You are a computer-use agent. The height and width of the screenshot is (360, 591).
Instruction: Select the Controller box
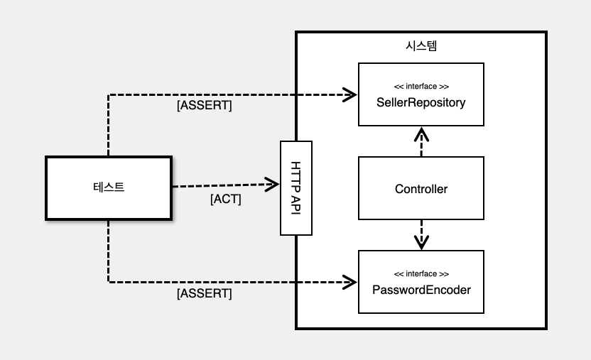click(x=421, y=189)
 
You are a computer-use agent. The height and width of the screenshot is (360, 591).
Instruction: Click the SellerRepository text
click(x=421, y=102)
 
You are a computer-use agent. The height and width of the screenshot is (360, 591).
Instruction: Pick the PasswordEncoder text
click(x=421, y=290)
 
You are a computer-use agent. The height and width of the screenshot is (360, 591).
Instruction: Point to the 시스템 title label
click(x=421, y=46)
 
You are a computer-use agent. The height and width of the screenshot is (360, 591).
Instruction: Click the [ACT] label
click(x=226, y=200)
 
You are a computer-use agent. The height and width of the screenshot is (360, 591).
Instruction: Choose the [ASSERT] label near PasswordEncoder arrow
click(x=204, y=293)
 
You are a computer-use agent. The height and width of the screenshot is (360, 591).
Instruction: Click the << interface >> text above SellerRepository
click(x=421, y=87)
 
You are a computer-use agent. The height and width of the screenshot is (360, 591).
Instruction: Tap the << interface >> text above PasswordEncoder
click(x=421, y=274)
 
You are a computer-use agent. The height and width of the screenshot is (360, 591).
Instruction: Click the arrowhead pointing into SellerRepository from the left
click(x=349, y=94)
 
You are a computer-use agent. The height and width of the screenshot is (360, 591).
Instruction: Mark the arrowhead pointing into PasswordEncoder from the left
click(x=349, y=281)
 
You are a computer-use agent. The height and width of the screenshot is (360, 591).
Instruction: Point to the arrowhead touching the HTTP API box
click(x=273, y=185)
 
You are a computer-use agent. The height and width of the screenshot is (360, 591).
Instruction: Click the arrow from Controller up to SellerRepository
click(x=422, y=142)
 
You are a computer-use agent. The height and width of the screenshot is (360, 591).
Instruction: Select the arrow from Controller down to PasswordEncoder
click(x=422, y=234)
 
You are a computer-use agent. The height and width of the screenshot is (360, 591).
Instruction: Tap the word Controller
click(x=421, y=189)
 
